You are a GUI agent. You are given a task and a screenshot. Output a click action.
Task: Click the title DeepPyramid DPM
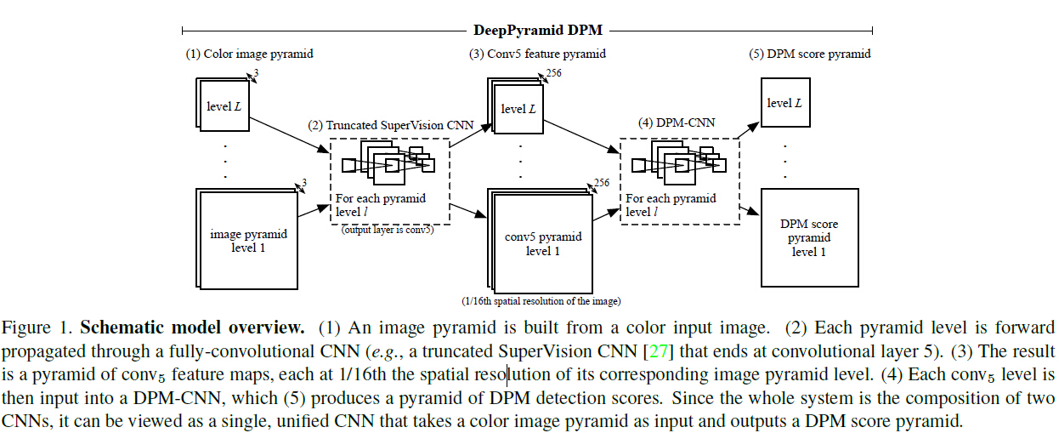(x=537, y=31)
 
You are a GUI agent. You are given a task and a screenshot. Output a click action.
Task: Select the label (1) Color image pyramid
(x=250, y=54)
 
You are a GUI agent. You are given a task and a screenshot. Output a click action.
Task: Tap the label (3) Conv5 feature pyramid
(x=537, y=54)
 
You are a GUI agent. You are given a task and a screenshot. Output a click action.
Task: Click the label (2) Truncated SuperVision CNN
(x=390, y=124)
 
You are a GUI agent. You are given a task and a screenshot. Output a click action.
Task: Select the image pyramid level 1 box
(x=247, y=240)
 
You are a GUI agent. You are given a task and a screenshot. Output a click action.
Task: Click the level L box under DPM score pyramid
(x=784, y=103)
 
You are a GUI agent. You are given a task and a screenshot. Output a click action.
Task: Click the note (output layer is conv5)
(x=388, y=230)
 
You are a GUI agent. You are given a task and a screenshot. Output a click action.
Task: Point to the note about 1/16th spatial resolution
(x=541, y=301)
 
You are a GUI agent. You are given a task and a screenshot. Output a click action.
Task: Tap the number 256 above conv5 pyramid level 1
(x=603, y=182)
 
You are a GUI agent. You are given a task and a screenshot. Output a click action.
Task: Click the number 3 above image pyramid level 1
(x=303, y=183)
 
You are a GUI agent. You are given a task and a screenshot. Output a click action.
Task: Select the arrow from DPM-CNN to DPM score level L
(x=749, y=128)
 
